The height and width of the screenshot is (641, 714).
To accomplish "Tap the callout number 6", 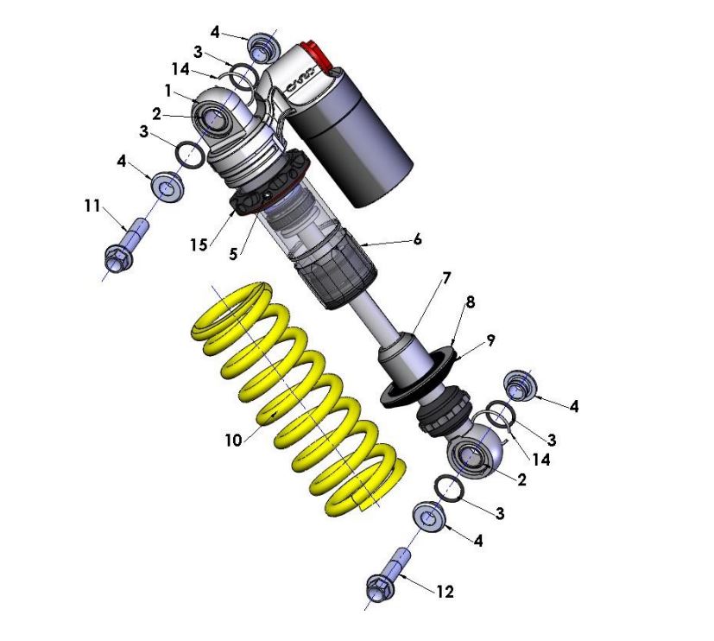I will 417,238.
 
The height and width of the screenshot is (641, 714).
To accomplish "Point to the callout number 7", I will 445,277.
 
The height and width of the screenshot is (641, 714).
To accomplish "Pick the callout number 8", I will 470,303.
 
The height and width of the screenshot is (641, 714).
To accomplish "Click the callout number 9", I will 490,340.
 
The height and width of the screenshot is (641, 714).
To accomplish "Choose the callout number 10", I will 231,440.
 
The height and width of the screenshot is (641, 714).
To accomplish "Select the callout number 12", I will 445,592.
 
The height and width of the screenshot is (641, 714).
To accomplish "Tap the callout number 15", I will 199,244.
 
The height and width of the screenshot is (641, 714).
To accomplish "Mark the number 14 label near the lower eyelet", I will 540,460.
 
